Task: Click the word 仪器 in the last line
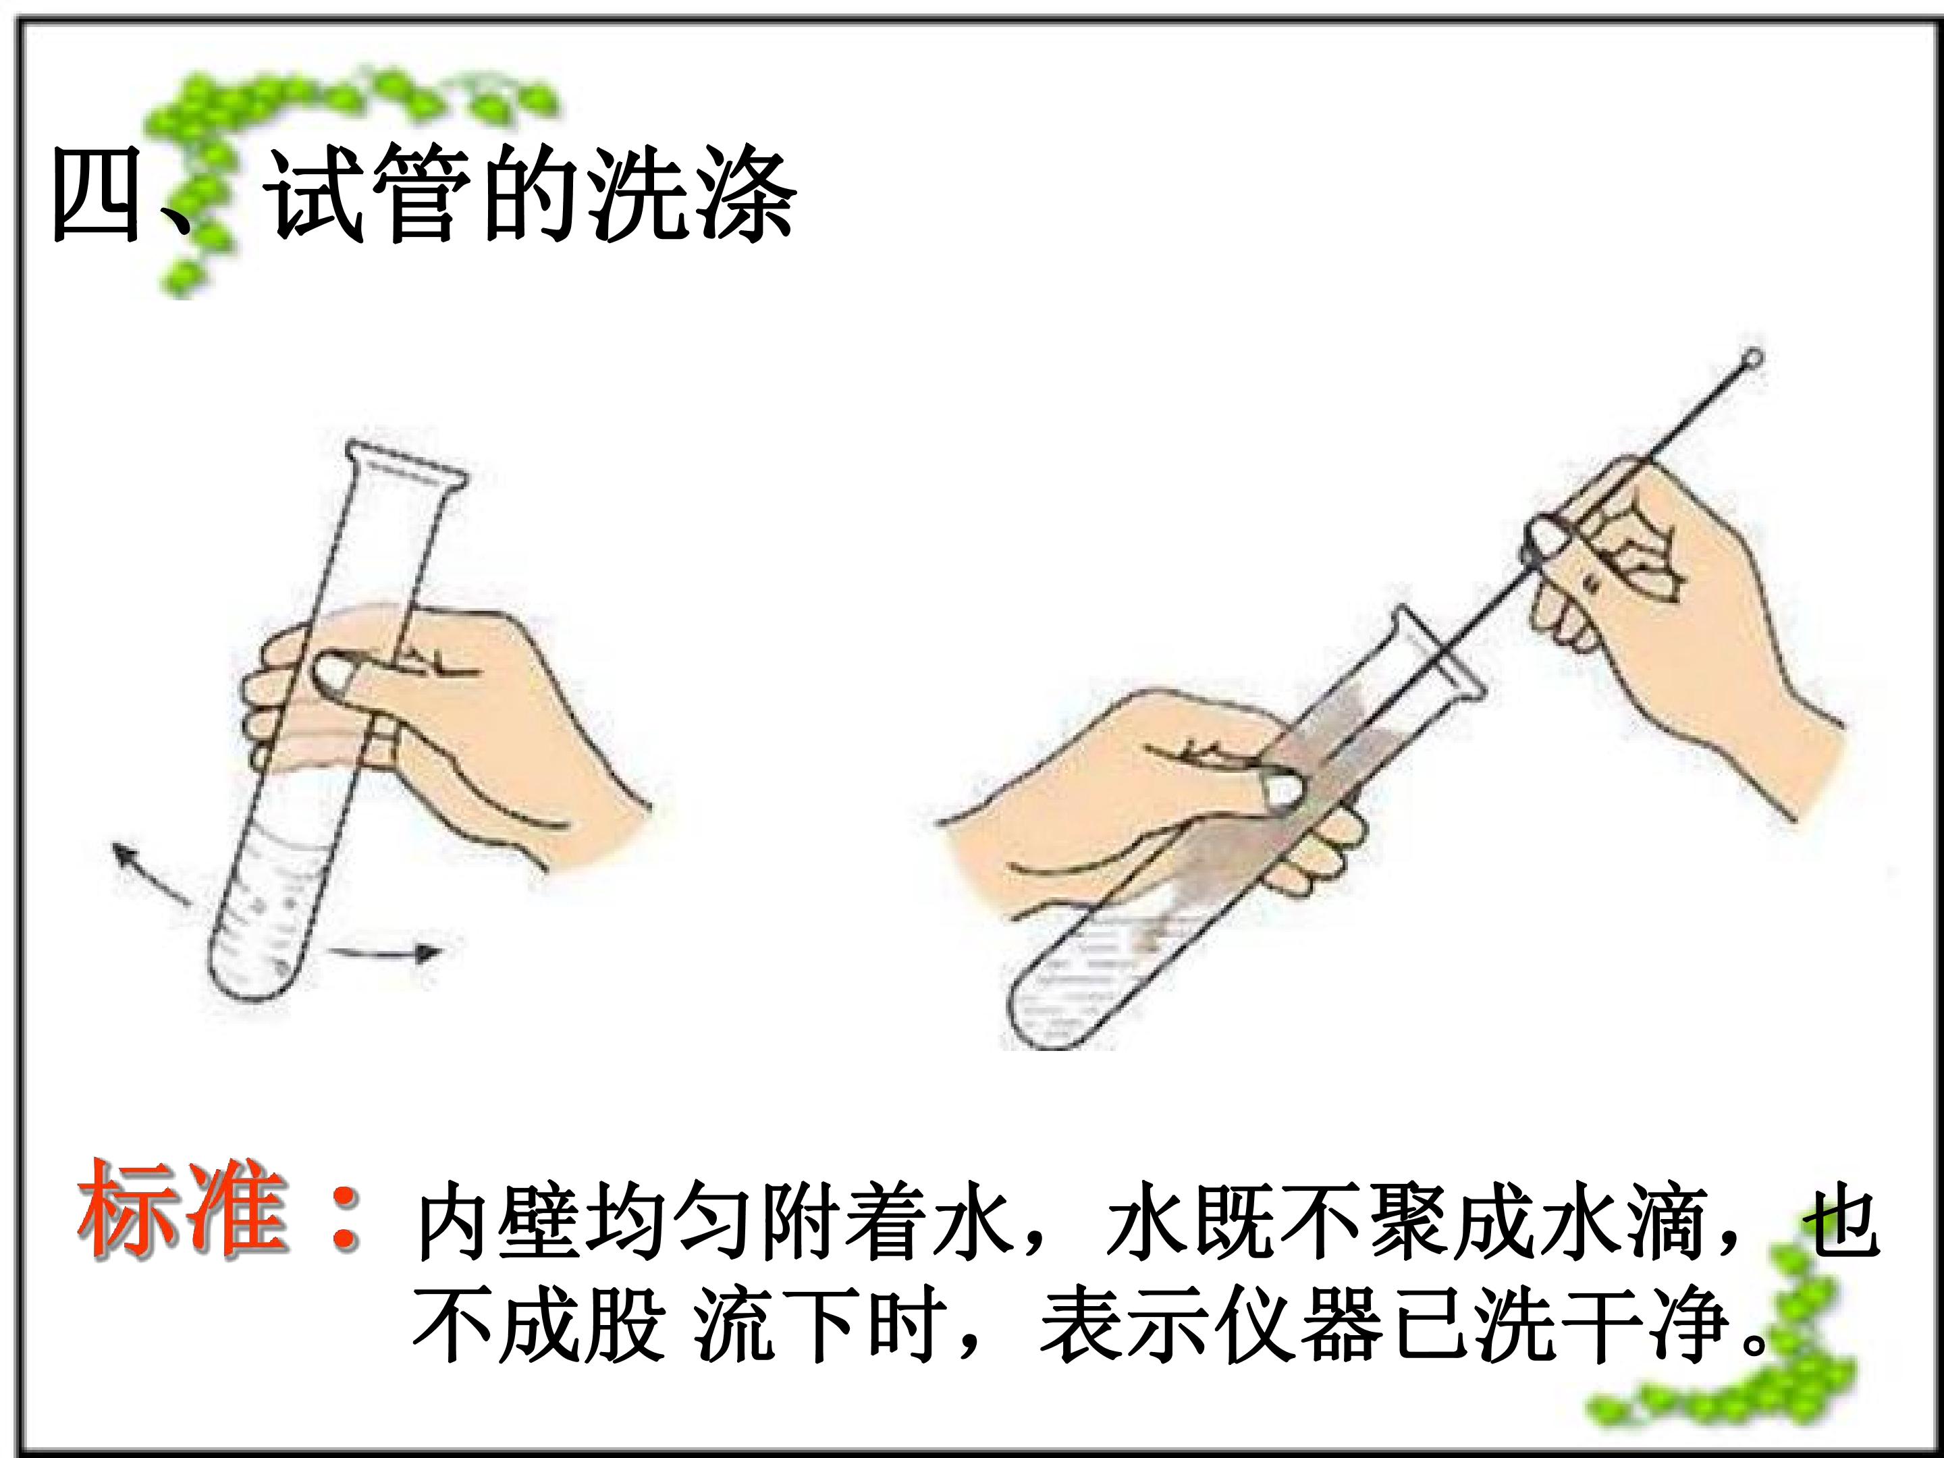point(1301,1324)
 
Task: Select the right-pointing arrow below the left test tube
point(384,952)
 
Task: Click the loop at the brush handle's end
point(1752,358)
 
